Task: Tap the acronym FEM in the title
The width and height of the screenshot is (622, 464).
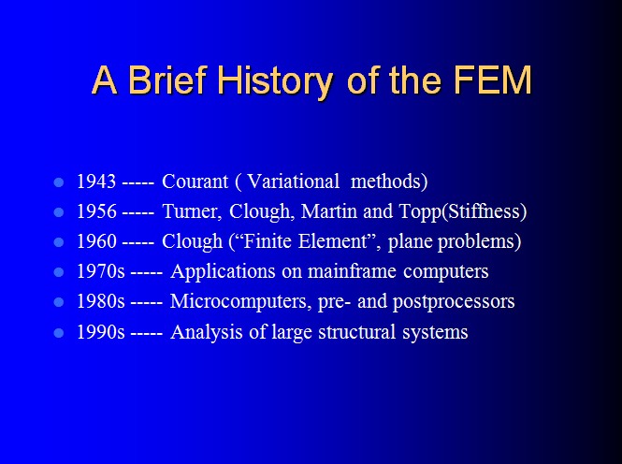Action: click(492, 80)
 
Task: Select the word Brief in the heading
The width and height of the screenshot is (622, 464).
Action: click(168, 80)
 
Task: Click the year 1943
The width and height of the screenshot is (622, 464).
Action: click(96, 181)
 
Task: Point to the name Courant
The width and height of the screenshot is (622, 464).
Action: click(195, 181)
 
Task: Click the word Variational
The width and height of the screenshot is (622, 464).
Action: click(293, 181)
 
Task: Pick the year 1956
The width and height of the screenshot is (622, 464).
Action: click(96, 211)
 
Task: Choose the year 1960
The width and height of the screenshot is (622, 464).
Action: click(96, 241)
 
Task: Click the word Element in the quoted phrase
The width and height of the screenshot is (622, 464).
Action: click(333, 241)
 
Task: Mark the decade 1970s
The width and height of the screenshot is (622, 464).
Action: click(101, 271)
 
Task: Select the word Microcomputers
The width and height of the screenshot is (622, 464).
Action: click(239, 302)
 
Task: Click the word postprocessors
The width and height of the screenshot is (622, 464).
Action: click(454, 302)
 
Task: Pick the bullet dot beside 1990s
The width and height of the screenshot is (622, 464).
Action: click(59, 333)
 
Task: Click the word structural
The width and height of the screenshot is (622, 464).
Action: click(357, 332)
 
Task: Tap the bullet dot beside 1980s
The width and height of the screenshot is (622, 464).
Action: click(59, 302)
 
